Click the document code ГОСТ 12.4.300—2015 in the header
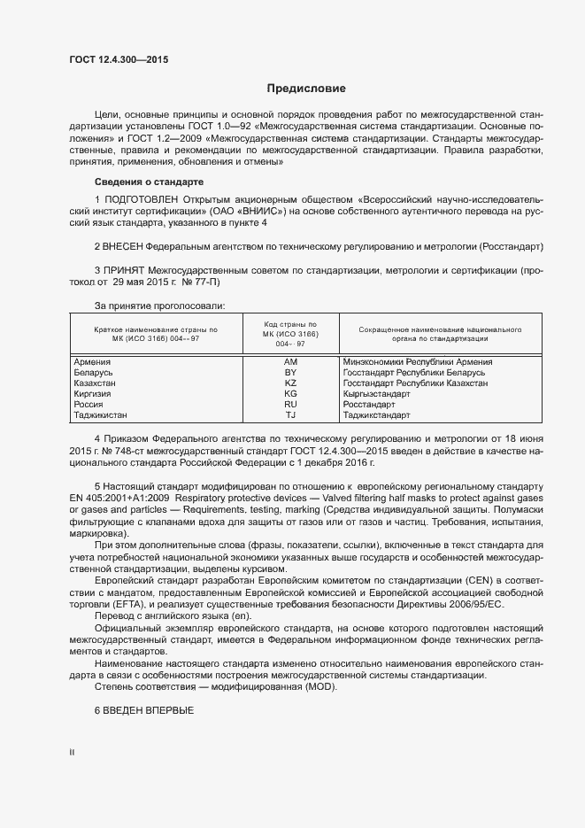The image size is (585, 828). pyautogui.click(x=118, y=60)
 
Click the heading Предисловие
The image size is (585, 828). pyautogui.click(x=306, y=89)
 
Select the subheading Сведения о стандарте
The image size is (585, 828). pyautogui.click(x=142, y=182)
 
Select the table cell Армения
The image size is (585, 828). pyautogui.click(x=93, y=362)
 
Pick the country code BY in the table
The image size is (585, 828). pyautogui.click(x=290, y=373)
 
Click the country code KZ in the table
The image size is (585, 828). pyautogui.click(x=290, y=383)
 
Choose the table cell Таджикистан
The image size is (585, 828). pyautogui.click(x=101, y=414)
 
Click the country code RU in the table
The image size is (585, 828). pyautogui.click(x=290, y=404)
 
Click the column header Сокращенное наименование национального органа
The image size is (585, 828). pyautogui.click(x=440, y=334)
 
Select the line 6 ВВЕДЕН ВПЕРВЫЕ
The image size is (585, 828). pyautogui.click(x=143, y=711)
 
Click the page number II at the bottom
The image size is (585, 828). pyautogui.click(x=73, y=754)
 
